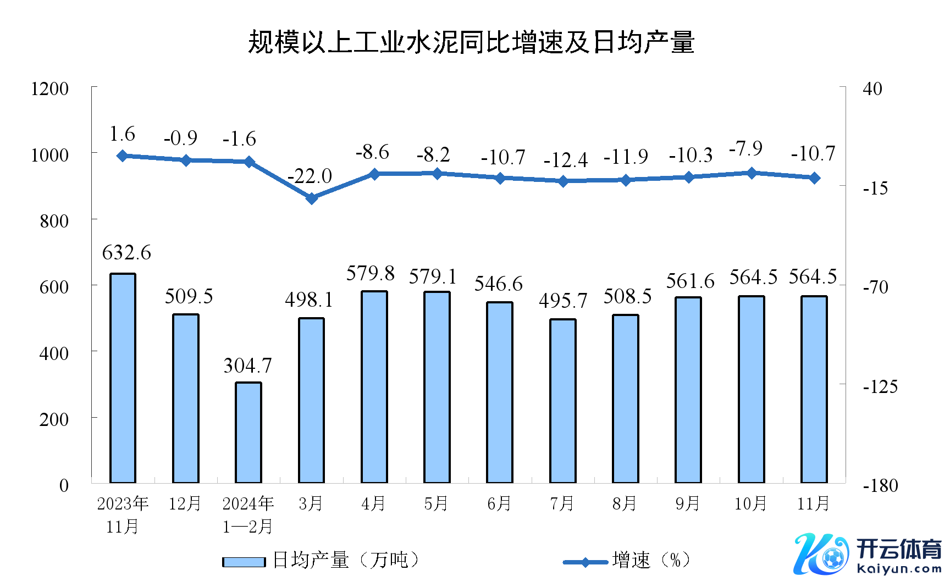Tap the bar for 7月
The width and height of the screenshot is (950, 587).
[563, 401]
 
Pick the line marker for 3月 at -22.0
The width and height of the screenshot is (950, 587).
[312, 198]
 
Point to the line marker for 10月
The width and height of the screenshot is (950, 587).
[752, 173]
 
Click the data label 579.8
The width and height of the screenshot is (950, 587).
[371, 273]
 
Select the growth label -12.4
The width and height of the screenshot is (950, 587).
[565, 160]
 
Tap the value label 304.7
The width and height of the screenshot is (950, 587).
[247, 366]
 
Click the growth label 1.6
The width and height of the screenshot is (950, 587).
[122, 134]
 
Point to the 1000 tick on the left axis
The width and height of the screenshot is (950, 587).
[50, 155]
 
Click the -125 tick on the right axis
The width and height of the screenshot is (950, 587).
[880, 386]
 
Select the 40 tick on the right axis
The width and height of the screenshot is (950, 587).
[872, 88]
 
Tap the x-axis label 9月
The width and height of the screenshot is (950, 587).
[687, 503]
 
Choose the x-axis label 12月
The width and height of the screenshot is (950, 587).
[185, 503]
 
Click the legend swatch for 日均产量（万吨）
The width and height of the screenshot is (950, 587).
[244, 561]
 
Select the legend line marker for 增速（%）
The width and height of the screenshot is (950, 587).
[585, 562]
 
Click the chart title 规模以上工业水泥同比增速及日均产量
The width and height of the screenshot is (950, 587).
[471, 42]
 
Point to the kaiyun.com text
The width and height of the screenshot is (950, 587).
[899, 569]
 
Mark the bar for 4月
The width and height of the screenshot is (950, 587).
[374, 387]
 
